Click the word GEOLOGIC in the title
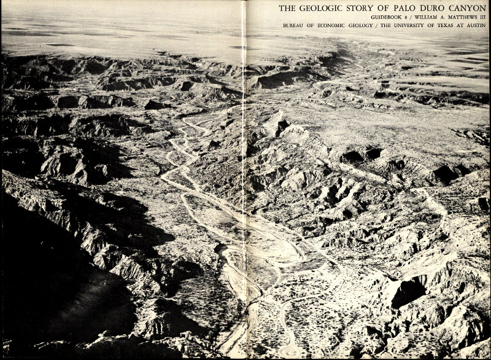320,8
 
